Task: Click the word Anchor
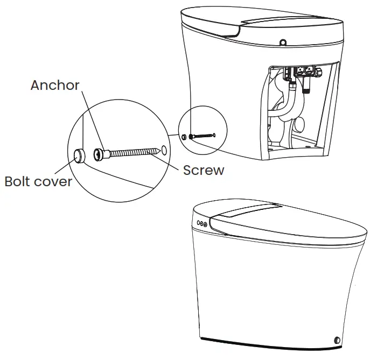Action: [54, 85]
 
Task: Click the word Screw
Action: [203, 170]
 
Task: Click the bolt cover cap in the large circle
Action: [80, 156]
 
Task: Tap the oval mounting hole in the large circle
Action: [163, 147]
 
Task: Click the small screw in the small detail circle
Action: [204, 136]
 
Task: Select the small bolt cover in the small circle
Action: [185, 137]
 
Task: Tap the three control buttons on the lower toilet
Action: [203, 223]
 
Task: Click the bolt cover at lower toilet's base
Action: [337, 340]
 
